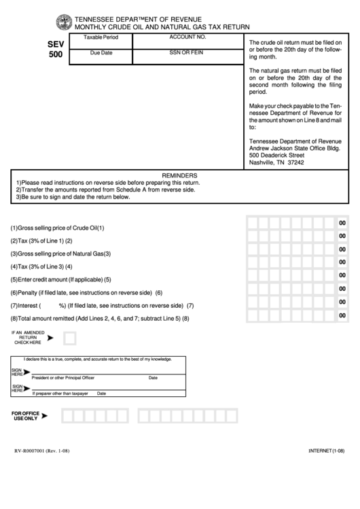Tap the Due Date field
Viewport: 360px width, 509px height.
100,57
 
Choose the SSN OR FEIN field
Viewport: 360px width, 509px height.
187,57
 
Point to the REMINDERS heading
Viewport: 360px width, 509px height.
179,175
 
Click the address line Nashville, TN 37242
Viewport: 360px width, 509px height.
276,163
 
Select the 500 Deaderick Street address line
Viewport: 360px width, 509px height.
281,155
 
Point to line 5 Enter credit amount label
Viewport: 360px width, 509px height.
60,279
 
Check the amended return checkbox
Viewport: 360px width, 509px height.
69,338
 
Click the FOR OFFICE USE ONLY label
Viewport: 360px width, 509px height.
26,415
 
